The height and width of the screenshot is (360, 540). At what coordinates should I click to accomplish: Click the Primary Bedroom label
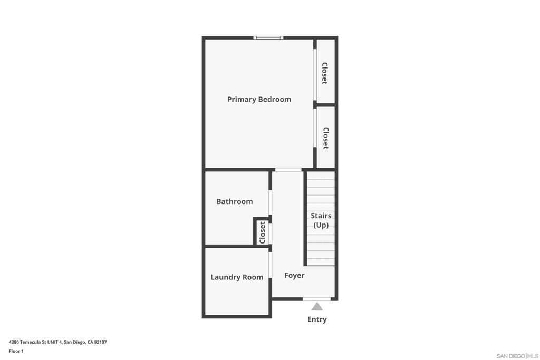pos(259,99)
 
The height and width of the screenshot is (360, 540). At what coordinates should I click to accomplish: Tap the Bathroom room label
pos(234,201)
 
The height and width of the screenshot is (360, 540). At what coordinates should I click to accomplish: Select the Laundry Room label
pos(237,277)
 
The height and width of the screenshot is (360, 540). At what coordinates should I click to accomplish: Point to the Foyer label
pos(294,275)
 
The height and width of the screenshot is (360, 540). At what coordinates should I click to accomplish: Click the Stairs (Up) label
pos(321,220)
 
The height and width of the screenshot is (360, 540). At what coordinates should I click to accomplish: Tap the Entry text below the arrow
pos(317,319)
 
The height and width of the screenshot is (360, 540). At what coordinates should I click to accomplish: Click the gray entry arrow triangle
pos(317,307)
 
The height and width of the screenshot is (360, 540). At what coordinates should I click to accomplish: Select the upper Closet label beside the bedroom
pos(325,73)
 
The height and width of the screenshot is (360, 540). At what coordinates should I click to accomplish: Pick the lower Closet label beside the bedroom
pos(325,138)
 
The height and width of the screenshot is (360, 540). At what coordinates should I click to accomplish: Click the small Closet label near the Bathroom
pos(262,232)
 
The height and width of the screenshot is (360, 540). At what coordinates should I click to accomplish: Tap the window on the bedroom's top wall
pos(268,37)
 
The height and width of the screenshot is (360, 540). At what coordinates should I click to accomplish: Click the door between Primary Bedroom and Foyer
pos(288,170)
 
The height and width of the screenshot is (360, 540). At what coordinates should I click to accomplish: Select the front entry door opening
pos(316,299)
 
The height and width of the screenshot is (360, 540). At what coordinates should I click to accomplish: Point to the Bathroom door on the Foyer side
pos(271,202)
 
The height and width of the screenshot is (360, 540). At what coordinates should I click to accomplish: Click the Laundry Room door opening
pos(271,265)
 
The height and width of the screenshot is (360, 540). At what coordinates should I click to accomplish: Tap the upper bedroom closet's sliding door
pos(315,74)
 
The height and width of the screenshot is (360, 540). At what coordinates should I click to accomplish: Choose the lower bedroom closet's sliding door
pos(315,128)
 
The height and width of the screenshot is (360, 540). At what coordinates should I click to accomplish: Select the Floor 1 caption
pos(16,351)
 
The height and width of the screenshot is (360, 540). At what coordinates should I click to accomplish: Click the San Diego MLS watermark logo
pos(517,356)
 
